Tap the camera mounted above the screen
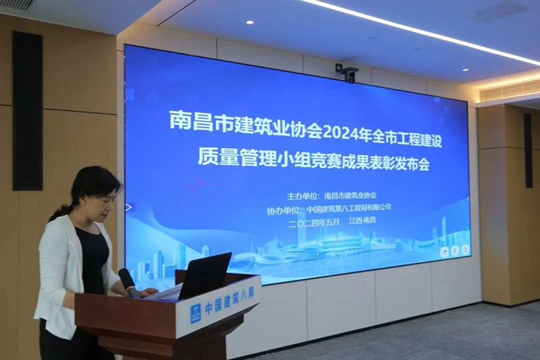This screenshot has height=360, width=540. (347, 72)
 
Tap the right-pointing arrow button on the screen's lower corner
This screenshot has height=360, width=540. (465, 250)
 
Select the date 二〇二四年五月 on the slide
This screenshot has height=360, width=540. (315, 220)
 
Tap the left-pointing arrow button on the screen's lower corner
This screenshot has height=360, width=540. (455, 250)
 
